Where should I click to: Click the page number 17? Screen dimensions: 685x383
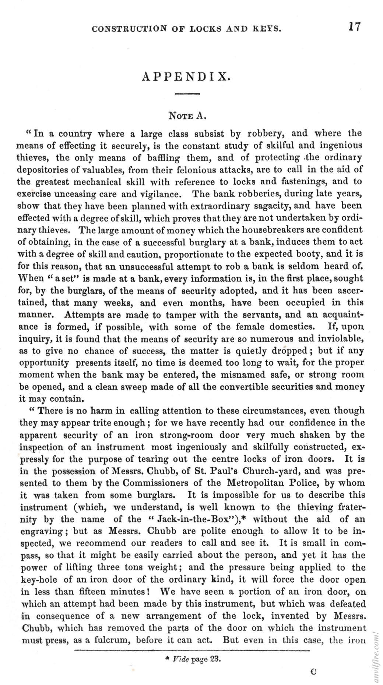355,27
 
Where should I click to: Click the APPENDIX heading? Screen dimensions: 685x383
187,76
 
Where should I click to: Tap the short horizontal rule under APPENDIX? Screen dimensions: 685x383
187,94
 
